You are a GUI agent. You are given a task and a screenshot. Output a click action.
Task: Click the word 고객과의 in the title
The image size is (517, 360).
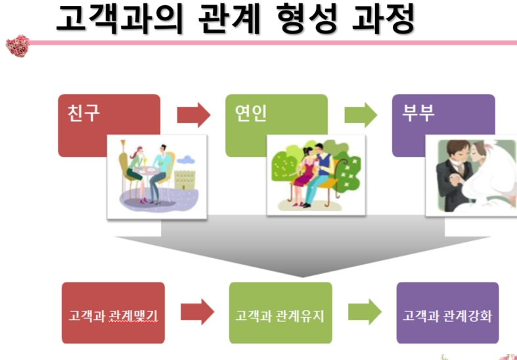pyautogui.click(x=120, y=18)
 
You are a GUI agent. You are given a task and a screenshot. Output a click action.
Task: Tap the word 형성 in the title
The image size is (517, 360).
pyautogui.click(x=309, y=18)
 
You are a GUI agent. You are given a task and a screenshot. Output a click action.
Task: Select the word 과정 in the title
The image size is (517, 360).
pyautogui.click(x=383, y=18)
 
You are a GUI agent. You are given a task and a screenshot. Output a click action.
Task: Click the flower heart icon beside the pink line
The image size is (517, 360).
pyautogui.click(x=18, y=46)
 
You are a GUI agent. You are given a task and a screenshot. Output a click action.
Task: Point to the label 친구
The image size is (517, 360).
pyautogui.click(x=83, y=113)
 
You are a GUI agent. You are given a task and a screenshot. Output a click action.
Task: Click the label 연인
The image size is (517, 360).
pyautogui.click(x=251, y=113)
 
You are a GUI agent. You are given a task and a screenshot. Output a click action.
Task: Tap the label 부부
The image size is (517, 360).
pyautogui.click(x=418, y=113)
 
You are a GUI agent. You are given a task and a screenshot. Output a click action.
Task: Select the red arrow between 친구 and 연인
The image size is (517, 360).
pyautogui.click(x=194, y=115)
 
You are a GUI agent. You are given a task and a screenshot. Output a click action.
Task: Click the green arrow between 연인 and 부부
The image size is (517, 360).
pyautogui.click(x=361, y=115)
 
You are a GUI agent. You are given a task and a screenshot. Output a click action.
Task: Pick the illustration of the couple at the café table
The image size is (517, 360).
pyautogui.click(x=157, y=176)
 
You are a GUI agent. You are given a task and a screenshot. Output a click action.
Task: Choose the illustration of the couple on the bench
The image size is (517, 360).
pyautogui.click(x=316, y=175)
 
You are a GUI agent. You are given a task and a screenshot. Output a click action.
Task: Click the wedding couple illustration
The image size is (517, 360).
pyautogui.click(x=472, y=175)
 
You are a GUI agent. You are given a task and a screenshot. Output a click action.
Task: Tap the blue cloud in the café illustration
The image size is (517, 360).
pyautogui.click(x=186, y=160)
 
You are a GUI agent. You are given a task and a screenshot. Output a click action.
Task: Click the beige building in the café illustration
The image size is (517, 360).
pyautogui.click(x=185, y=179)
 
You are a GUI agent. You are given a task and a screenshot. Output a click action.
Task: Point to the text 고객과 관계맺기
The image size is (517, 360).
pyautogui.click(x=113, y=315)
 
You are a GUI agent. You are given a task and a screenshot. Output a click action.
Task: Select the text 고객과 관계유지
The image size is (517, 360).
pyautogui.click(x=281, y=315)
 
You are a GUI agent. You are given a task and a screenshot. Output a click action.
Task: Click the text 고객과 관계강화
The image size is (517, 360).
pyautogui.click(x=447, y=315)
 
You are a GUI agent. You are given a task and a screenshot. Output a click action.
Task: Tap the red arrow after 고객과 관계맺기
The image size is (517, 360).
pyautogui.click(x=198, y=312)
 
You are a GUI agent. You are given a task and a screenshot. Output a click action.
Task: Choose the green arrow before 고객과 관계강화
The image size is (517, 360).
pyautogui.click(x=365, y=312)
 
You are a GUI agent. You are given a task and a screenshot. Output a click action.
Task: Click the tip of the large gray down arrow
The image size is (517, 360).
pyautogui.click(x=303, y=277)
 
